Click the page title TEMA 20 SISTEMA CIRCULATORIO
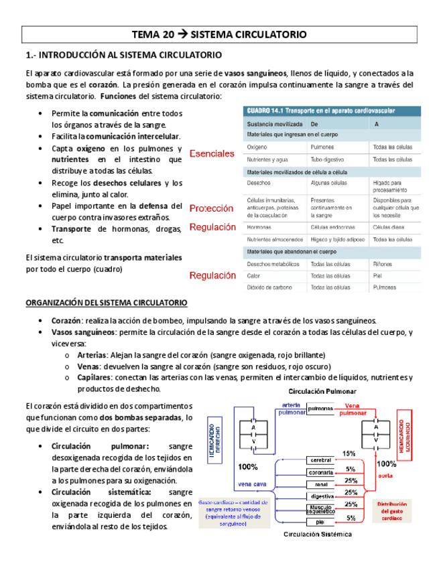click(x=219, y=34)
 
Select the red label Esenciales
click(x=212, y=153)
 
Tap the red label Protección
click(x=211, y=208)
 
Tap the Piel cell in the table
click(x=377, y=275)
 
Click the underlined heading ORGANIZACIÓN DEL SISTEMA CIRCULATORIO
click(x=107, y=303)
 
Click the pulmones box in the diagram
click(x=321, y=408)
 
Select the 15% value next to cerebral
click(x=349, y=453)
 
